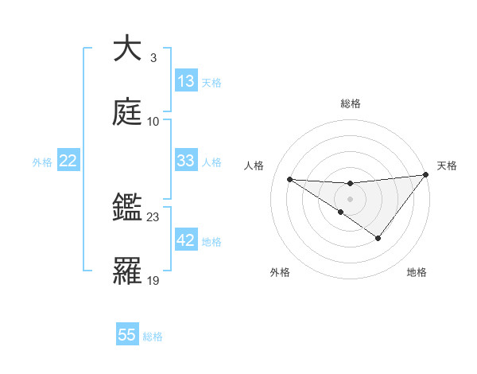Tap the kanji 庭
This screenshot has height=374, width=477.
pos(127,112)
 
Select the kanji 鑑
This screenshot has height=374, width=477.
pos(127,208)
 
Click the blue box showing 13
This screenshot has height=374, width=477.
pos(186,81)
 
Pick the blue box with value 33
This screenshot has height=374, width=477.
pos(186,161)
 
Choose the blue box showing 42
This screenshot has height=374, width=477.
pos(186,240)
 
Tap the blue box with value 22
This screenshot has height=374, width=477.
pos(68,162)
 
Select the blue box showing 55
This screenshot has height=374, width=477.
pos(127,335)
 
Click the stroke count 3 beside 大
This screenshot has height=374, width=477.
pos(153,58)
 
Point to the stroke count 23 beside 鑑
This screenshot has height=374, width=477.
pos(153,216)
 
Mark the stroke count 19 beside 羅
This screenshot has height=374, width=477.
pos(153,280)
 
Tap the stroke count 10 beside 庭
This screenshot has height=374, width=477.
pos(153,121)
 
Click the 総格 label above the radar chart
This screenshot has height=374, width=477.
pos(351,103)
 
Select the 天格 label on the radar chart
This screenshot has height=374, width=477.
pos(447,166)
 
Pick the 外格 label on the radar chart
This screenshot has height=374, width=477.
pos(280,272)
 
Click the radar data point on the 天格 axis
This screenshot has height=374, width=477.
pos(426,174)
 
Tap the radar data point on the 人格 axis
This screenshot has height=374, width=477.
pos(289,179)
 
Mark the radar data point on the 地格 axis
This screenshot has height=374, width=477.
pos(378,238)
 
